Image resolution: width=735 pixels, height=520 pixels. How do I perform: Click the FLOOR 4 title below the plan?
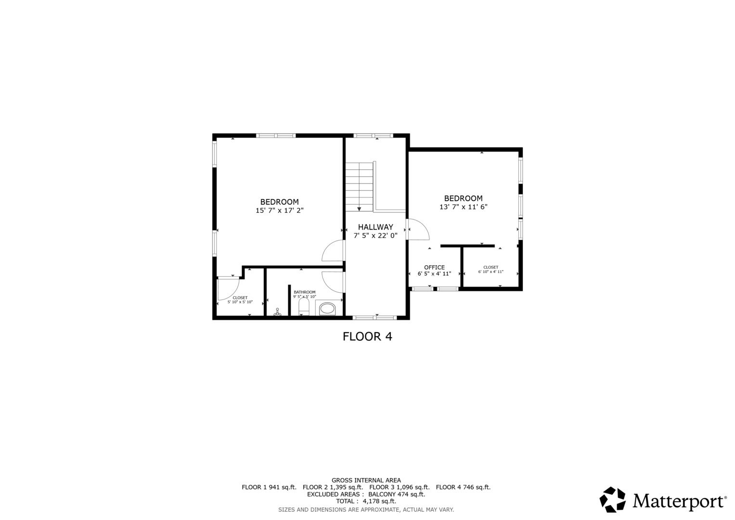tap(367, 337)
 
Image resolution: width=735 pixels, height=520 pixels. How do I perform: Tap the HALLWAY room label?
tap(375, 227)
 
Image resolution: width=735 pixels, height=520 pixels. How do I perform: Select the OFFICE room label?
tap(435, 267)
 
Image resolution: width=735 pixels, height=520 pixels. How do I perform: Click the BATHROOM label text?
tap(305, 292)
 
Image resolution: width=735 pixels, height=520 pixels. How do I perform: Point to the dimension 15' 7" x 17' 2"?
tap(280, 210)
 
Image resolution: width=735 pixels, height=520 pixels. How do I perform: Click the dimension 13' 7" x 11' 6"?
tap(464, 207)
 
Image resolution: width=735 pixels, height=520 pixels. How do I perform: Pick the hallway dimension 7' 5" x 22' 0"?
tap(375, 235)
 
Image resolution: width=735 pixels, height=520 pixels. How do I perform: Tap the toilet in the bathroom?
tap(304, 306)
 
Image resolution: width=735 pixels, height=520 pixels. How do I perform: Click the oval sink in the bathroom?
tap(327, 309)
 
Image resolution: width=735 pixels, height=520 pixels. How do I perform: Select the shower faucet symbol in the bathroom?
tap(278, 312)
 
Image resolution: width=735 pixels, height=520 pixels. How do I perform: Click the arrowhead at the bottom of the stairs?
tap(359, 209)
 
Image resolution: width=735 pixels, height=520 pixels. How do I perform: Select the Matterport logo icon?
tap(612, 500)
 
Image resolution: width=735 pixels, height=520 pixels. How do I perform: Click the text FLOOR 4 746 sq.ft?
tap(463, 487)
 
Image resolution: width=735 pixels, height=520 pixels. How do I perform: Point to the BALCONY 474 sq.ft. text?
tap(397, 494)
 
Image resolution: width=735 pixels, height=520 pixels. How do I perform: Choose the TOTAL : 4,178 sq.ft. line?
tap(366, 501)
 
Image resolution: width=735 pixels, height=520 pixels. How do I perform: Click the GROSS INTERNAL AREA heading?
tap(366, 481)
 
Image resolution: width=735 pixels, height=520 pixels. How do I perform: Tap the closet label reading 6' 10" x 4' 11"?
tap(491, 272)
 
